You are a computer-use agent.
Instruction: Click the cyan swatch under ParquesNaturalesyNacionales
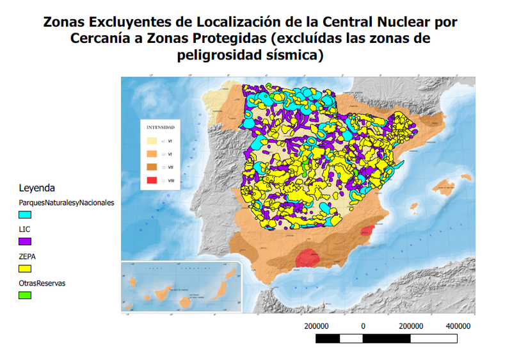25,215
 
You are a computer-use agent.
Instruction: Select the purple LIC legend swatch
25,241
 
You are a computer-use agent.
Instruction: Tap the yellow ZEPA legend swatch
25,268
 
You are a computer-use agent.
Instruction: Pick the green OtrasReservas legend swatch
25,295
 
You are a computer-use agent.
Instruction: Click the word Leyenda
36,188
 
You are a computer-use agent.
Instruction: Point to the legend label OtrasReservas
42,282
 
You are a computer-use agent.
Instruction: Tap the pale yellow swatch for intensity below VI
152,140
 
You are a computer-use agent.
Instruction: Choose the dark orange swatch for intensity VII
152,167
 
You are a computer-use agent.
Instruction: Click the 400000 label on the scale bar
458,326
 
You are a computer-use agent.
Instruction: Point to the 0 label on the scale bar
363,326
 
